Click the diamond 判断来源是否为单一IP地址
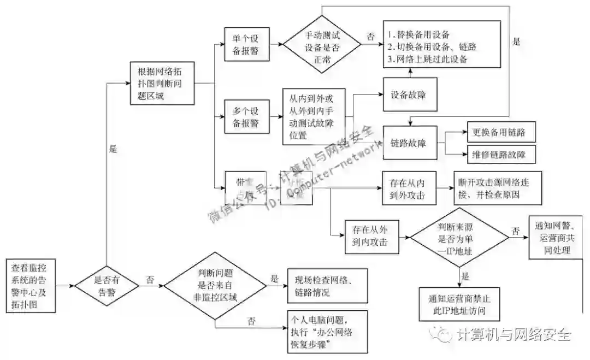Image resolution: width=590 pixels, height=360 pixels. coord(459,237)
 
